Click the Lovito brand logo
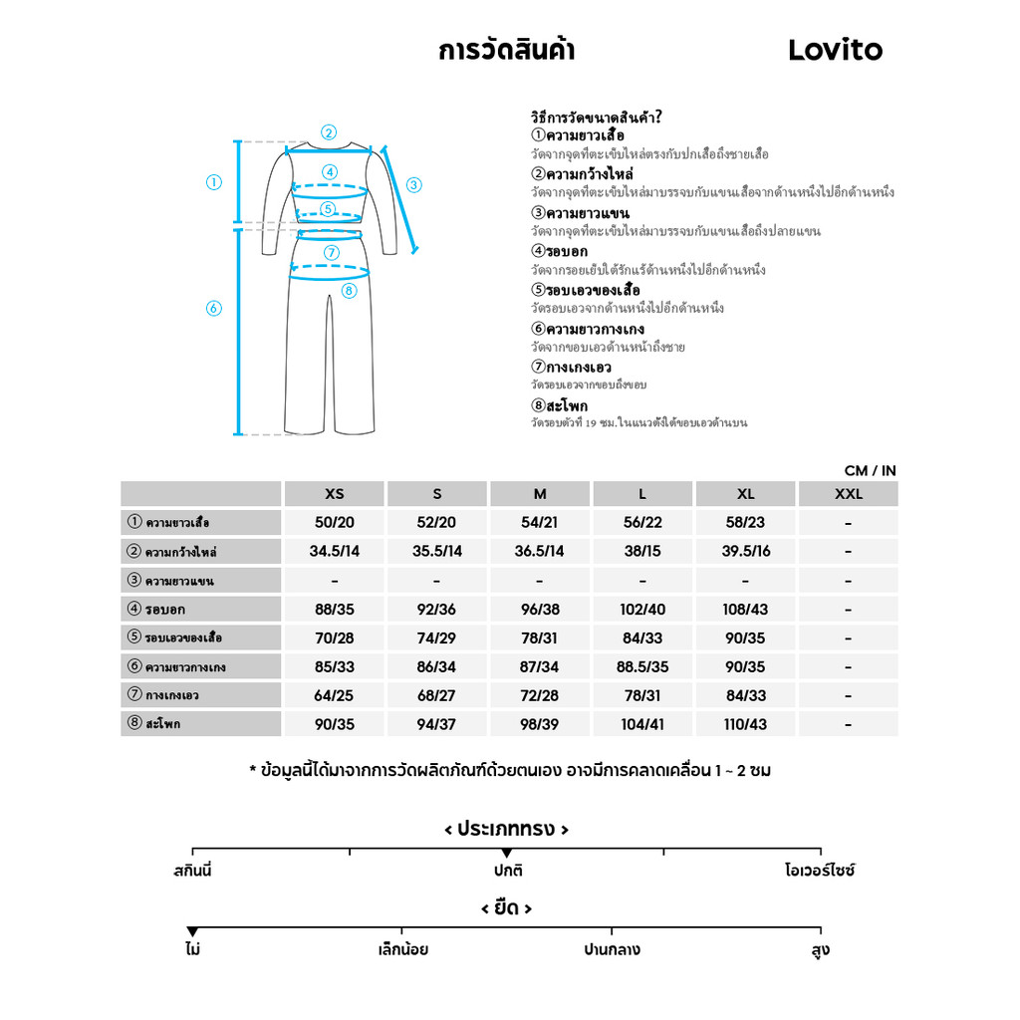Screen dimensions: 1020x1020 coord(835,50)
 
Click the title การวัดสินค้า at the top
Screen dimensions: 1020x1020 coord(506,51)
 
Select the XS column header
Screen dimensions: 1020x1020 coord(335,494)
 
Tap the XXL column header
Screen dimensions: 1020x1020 coord(848,494)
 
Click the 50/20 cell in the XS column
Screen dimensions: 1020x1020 coord(335,523)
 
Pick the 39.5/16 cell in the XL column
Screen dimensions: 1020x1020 coord(745,552)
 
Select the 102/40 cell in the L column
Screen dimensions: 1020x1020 coord(642,610)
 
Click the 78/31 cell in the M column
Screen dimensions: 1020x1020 coord(539,638)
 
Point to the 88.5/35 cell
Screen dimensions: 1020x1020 coord(642,667)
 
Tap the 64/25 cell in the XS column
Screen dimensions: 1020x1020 coord(335,696)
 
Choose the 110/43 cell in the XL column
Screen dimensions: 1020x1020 coord(745,724)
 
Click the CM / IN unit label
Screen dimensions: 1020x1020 coord(870,470)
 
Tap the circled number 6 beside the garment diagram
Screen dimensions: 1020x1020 coord(213,309)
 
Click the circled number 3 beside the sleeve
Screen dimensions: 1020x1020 coord(414,184)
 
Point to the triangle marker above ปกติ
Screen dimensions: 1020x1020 coord(507,854)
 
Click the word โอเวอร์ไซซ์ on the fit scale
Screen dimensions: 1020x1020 coord(820,871)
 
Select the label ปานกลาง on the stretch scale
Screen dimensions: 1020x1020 coord(612,950)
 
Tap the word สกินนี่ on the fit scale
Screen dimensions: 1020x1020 coord(192,871)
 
